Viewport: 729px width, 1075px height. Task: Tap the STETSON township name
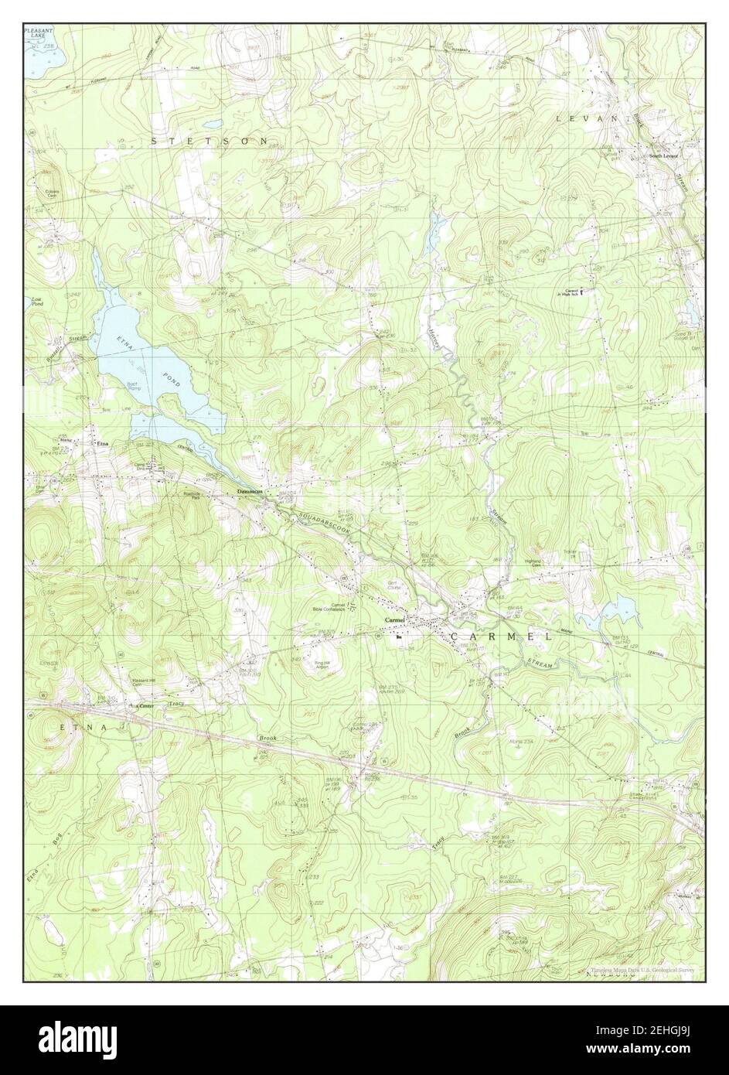210,142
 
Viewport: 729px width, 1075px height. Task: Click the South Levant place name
663,155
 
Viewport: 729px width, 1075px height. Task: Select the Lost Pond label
36,302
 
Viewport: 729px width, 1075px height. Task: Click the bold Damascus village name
250,490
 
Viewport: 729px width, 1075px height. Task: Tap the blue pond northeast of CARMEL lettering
618,615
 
